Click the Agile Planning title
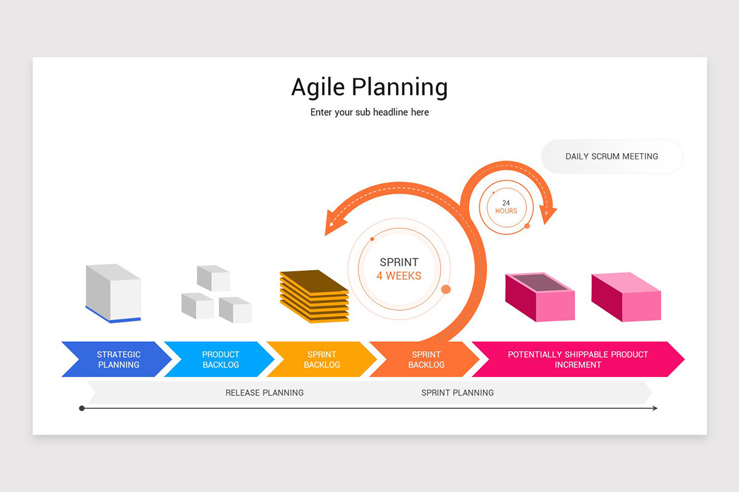(x=369, y=87)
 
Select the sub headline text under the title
(x=369, y=113)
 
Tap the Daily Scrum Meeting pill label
(x=612, y=157)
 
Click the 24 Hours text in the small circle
(x=506, y=207)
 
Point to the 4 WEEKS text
(x=399, y=276)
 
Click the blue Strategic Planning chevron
(x=117, y=359)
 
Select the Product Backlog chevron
(x=219, y=359)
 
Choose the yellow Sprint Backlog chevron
(x=321, y=359)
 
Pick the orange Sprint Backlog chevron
(x=424, y=359)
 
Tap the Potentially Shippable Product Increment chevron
(x=578, y=359)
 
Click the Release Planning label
(x=265, y=393)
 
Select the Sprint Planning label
(x=458, y=393)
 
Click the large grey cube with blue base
(x=113, y=293)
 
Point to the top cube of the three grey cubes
(x=214, y=278)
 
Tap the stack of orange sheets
(x=314, y=296)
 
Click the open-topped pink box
(x=539, y=297)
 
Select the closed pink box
(x=626, y=297)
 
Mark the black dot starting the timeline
(x=82, y=408)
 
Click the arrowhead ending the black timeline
(x=655, y=408)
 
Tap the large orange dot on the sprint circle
(x=446, y=289)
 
